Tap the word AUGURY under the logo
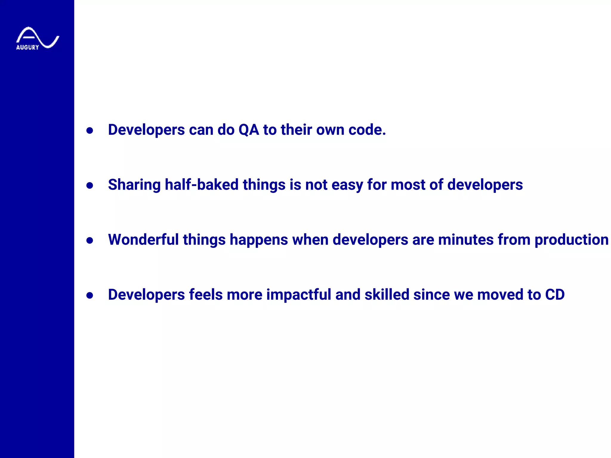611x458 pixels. pos(27,47)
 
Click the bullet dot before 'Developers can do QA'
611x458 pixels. pos(90,131)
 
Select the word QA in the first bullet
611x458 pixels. pos(249,130)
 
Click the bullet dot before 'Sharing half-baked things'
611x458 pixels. pos(90,185)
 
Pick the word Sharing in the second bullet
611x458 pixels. pos(134,185)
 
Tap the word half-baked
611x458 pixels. pos(201,185)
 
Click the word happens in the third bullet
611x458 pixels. pos(259,240)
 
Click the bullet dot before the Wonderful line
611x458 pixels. pos(90,240)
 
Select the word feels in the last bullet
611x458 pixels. pos(206,295)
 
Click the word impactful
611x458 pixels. pos(299,295)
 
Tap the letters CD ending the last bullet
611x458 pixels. pos(555,295)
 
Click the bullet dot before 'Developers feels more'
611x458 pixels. pos(90,295)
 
